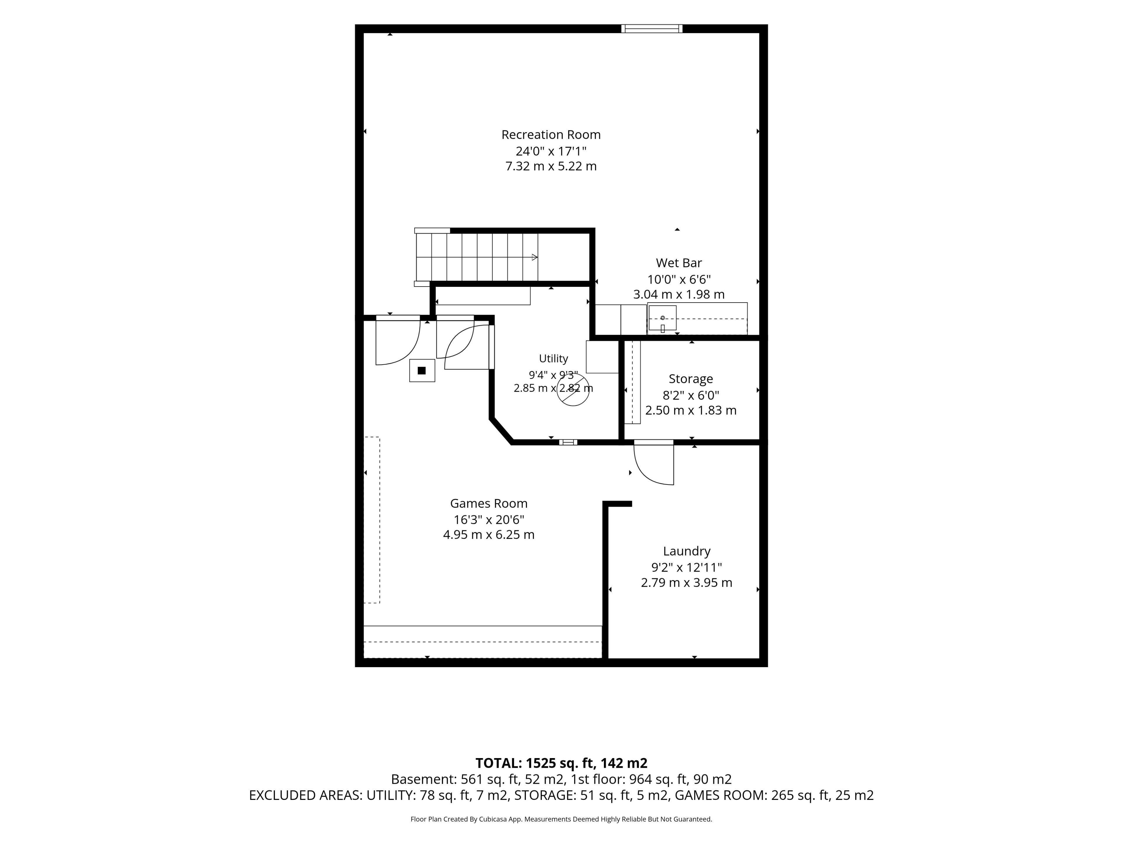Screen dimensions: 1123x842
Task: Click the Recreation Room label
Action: pyautogui.click(x=551, y=134)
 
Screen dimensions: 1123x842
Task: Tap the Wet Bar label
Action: pyautogui.click(x=679, y=263)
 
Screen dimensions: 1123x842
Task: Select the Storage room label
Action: pyautogui.click(x=690, y=379)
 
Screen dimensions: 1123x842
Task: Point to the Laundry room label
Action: pyautogui.click(x=686, y=551)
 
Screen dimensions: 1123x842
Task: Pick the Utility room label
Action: pyautogui.click(x=553, y=358)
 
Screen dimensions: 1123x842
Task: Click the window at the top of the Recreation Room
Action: pyautogui.click(x=652, y=28)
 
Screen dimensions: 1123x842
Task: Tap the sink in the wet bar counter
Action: pyautogui.click(x=662, y=318)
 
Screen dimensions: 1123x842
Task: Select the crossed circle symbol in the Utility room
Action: pyautogui.click(x=573, y=390)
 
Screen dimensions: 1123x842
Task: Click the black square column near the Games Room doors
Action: pyautogui.click(x=421, y=370)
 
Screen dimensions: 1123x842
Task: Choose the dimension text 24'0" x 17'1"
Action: pyautogui.click(x=551, y=151)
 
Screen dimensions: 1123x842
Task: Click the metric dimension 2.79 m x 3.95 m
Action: pyautogui.click(x=686, y=583)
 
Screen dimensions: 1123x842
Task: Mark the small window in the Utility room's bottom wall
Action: pyautogui.click(x=568, y=442)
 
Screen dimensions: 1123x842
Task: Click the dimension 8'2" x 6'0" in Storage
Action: pyautogui.click(x=690, y=395)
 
